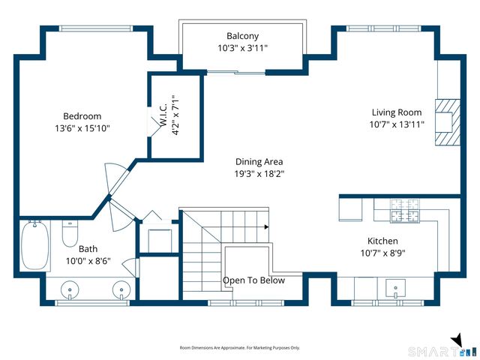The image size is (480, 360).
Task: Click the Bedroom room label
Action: [x=82, y=116]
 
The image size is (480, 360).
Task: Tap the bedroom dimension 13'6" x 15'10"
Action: [x=82, y=128]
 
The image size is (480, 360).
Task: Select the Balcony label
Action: [x=242, y=36]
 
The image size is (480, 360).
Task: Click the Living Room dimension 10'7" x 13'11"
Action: [x=397, y=124]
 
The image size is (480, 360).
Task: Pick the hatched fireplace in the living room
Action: [x=448, y=122]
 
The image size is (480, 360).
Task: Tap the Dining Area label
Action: [x=259, y=162]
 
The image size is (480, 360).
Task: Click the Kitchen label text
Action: [x=382, y=241]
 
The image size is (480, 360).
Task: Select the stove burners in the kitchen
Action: [x=405, y=211]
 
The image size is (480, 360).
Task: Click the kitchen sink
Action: [x=395, y=288]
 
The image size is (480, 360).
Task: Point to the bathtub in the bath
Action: [x=35, y=245]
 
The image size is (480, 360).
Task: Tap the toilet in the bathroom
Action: [x=70, y=232]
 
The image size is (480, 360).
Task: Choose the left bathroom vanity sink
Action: [x=70, y=289]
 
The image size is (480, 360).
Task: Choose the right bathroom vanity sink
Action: [x=121, y=289]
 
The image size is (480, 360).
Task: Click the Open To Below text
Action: [x=253, y=280]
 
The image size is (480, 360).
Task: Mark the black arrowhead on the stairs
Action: [x=267, y=226]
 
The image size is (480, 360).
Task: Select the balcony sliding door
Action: [x=236, y=73]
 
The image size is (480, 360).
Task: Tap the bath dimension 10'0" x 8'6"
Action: [x=88, y=261]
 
